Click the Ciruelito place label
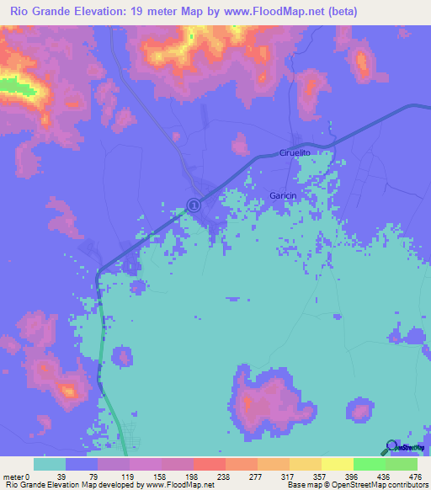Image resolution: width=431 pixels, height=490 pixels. tap(295, 152)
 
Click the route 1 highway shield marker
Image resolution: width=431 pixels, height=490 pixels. tap(194, 205)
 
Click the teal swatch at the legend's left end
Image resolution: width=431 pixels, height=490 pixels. tap(50, 464)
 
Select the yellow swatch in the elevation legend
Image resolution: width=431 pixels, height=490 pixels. tap(337, 464)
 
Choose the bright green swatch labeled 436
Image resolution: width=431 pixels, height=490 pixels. tap(370, 464)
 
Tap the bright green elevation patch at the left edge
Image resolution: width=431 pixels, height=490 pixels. tap(10, 84)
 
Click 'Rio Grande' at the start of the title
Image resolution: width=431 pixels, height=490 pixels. tap(37, 11)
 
